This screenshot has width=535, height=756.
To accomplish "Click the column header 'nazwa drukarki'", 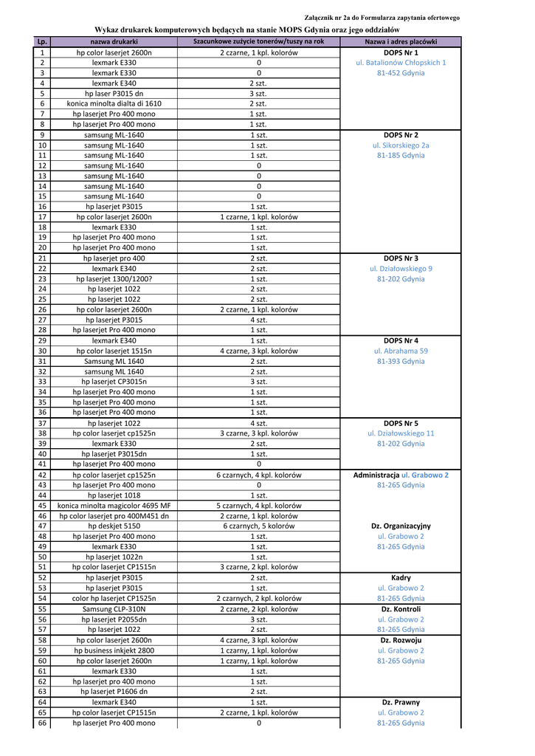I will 114,42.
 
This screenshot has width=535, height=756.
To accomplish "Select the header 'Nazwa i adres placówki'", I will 401,42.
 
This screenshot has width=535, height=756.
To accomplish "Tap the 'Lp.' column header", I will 42,42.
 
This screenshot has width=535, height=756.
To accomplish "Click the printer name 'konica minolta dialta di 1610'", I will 114,104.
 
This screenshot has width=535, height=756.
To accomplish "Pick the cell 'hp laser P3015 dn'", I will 114,94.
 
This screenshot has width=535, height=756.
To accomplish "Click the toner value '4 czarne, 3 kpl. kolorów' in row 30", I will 258,351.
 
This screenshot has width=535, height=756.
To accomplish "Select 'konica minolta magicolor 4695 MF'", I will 114,506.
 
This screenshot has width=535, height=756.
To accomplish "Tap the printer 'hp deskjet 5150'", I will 114,526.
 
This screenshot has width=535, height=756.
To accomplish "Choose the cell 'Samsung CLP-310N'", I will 114,610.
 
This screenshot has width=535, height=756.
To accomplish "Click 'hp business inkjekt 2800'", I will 114,651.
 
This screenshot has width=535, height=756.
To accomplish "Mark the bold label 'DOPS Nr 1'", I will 401,53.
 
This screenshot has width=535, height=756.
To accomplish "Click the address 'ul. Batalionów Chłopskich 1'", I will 401,63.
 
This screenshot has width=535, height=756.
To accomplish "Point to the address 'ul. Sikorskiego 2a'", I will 401,145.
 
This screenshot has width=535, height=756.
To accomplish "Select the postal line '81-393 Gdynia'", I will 401,362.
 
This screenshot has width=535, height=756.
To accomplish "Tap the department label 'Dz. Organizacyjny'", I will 401,526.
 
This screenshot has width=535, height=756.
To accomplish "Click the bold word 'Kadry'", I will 401,578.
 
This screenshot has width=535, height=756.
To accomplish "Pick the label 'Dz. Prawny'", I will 401,703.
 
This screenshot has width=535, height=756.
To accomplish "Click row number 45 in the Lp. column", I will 42,506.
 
